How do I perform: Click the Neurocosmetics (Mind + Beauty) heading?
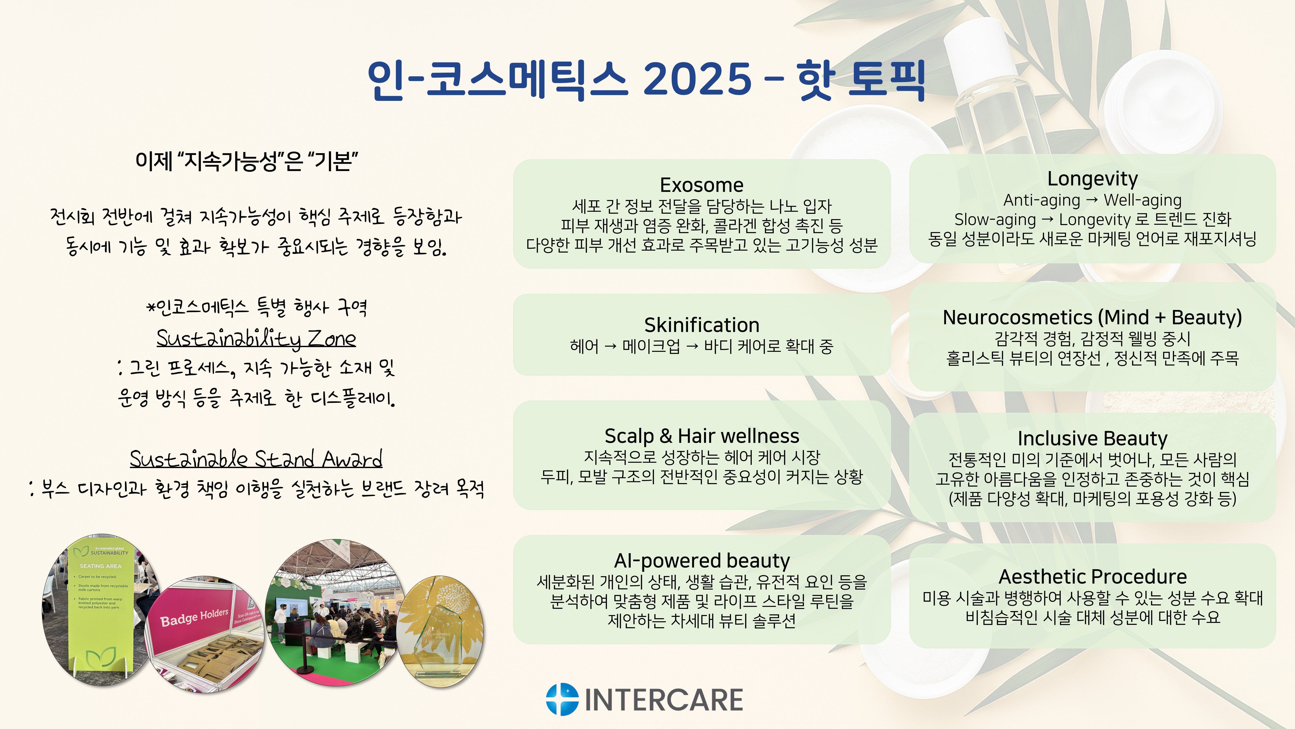(1092, 318)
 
